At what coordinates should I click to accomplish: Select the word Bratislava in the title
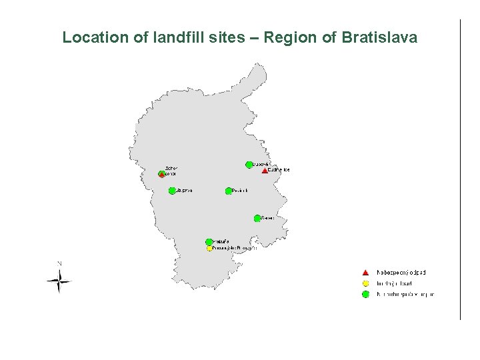coord(379,37)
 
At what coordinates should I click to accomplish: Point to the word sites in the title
coord(227,37)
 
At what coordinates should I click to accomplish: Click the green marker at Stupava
coord(172,191)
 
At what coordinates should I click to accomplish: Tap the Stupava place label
coord(184,191)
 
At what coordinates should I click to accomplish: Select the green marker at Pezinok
coord(229,191)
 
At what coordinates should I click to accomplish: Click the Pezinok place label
coord(240,191)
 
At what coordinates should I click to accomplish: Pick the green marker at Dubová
coord(249,164)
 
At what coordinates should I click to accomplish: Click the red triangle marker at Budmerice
coord(265,171)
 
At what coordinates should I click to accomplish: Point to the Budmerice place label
coord(279,170)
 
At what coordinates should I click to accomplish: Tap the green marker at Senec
coord(257,218)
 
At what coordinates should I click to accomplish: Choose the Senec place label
coord(268,218)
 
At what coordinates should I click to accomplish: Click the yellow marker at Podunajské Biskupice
coord(209,249)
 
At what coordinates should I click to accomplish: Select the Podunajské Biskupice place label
coord(234,248)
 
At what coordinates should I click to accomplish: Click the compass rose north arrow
coord(59,281)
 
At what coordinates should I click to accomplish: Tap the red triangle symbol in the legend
coord(365,272)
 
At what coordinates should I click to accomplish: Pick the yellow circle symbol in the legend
coord(365,283)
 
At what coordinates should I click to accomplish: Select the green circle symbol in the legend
coord(365,294)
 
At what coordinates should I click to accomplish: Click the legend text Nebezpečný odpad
coord(401,272)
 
